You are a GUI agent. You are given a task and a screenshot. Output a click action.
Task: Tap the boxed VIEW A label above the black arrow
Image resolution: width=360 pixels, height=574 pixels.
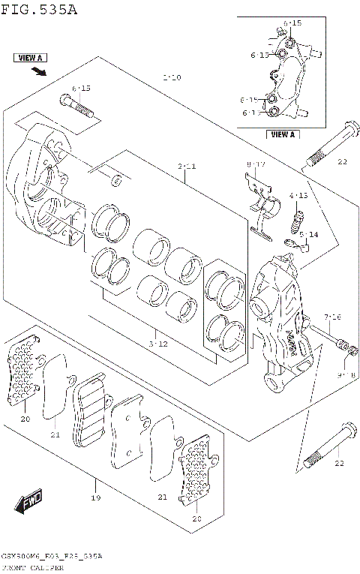(x=29, y=58)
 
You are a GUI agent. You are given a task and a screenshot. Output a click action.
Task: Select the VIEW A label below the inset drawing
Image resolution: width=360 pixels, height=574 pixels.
(x=283, y=135)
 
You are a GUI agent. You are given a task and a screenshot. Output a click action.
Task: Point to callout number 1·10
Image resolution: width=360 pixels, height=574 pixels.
(x=172, y=77)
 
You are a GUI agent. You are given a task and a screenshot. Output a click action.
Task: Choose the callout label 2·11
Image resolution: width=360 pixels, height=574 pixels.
(x=186, y=166)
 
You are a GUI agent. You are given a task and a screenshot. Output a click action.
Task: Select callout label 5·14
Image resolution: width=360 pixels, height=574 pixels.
(x=309, y=235)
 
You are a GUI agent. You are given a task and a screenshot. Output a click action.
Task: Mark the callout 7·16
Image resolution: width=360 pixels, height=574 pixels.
(x=333, y=317)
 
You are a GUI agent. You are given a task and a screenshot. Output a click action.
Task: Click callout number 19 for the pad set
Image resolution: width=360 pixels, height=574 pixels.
(x=95, y=497)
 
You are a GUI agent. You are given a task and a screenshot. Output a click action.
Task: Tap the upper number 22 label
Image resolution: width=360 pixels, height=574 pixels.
(x=340, y=162)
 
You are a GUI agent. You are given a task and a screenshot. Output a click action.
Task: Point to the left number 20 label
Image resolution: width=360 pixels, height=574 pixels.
(x=25, y=419)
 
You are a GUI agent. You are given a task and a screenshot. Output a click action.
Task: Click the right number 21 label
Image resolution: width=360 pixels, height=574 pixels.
(x=162, y=497)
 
